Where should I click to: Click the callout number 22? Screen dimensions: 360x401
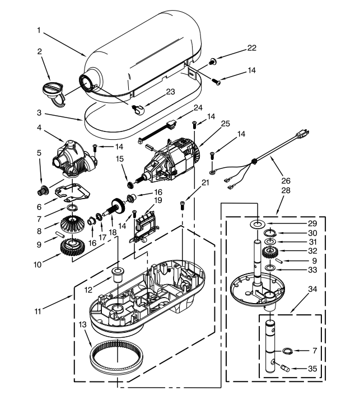tap(252, 48)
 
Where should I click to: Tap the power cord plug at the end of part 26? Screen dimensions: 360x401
tap(302, 134)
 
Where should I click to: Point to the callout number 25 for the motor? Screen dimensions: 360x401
tap(225, 123)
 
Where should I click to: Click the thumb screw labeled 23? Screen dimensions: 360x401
tap(138, 110)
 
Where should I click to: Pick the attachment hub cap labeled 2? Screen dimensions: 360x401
tap(53, 93)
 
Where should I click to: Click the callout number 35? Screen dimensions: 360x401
tap(312, 369)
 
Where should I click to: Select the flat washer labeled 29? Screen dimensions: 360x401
tap(257, 224)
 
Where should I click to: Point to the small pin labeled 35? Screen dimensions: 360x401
tap(285, 369)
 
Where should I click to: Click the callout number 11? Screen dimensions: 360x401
tap(38, 312)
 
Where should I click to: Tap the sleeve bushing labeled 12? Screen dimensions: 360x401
tap(118, 274)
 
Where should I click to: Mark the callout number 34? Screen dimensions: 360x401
tap(312, 289)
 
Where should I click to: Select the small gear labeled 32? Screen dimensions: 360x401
tap(269, 253)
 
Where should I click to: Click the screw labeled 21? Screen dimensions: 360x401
tap(183, 205)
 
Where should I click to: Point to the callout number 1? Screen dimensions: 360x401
tap(39, 30)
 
